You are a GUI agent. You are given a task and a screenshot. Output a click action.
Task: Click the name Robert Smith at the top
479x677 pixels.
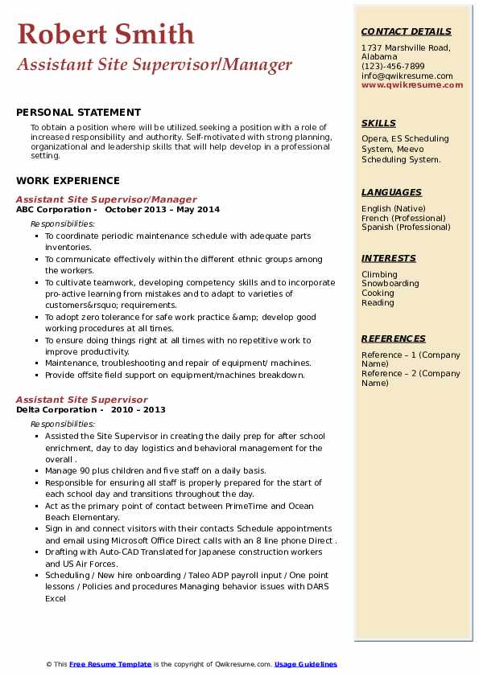(x=105, y=34)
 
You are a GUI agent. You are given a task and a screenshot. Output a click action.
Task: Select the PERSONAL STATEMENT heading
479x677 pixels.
(x=78, y=113)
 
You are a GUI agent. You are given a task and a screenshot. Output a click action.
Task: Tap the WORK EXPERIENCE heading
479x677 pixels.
(x=68, y=181)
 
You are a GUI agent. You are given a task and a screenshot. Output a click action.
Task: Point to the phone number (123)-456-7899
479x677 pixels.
(x=393, y=67)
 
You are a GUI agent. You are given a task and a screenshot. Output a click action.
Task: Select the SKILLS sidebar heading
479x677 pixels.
(x=378, y=123)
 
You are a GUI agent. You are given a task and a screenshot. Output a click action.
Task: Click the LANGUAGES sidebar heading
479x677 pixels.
(x=391, y=192)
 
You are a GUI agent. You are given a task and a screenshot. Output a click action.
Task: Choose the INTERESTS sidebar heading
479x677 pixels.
(x=389, y=258)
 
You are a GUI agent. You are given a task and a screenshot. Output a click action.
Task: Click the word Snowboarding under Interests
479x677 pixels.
(x=390, y=284)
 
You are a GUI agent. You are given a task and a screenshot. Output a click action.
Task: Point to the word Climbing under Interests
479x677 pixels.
(x=379, y=274)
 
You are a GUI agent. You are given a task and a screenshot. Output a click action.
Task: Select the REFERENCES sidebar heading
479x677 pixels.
(x=393, y=338)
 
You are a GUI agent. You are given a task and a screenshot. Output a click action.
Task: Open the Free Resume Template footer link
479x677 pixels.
(x=110, y=664)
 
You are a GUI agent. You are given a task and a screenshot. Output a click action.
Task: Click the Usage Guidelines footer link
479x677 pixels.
(x=306, y=664)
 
